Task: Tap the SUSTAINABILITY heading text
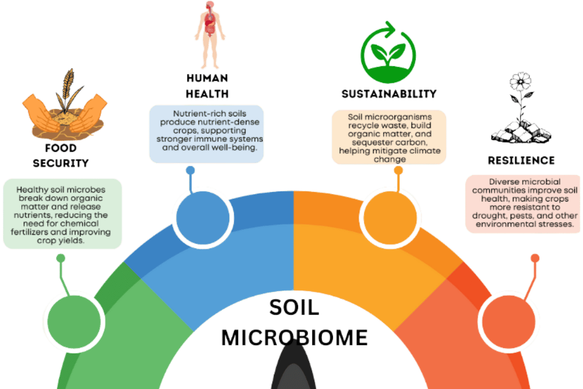click(389, 93)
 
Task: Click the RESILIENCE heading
click(521, 160)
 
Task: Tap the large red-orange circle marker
click(508, 320)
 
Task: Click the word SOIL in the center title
click(293, 307)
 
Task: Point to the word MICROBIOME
click(294, 337)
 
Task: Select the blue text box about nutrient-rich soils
click(206, 134)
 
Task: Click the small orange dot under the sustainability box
click(398, 171)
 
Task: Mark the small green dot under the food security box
click(61, 258)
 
